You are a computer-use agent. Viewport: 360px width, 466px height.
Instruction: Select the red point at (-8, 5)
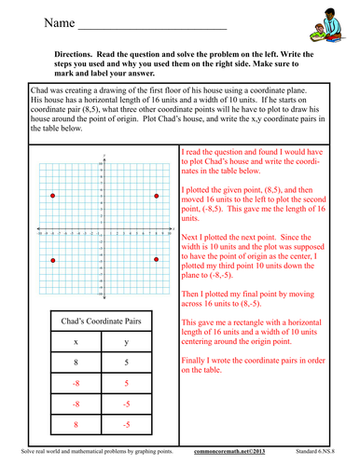pyautogui.click(x=53, y=196)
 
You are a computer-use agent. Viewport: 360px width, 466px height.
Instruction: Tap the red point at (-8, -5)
pyautogui.click(x=53, y=260)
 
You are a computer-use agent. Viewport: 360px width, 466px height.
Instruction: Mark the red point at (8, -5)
pyautogui.click(x=158, y=260)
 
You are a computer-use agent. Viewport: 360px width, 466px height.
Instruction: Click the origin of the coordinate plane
pyautogui.click(x=105, y=228)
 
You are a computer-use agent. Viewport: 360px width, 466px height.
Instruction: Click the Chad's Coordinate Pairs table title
pyautogui.click(x=104, y=322)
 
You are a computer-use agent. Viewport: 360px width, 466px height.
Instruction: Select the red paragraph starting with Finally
pyautogui.click(x=260, y=364)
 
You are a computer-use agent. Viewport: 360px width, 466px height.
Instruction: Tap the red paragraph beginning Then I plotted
pyautogui.click(x=260, y=296)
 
